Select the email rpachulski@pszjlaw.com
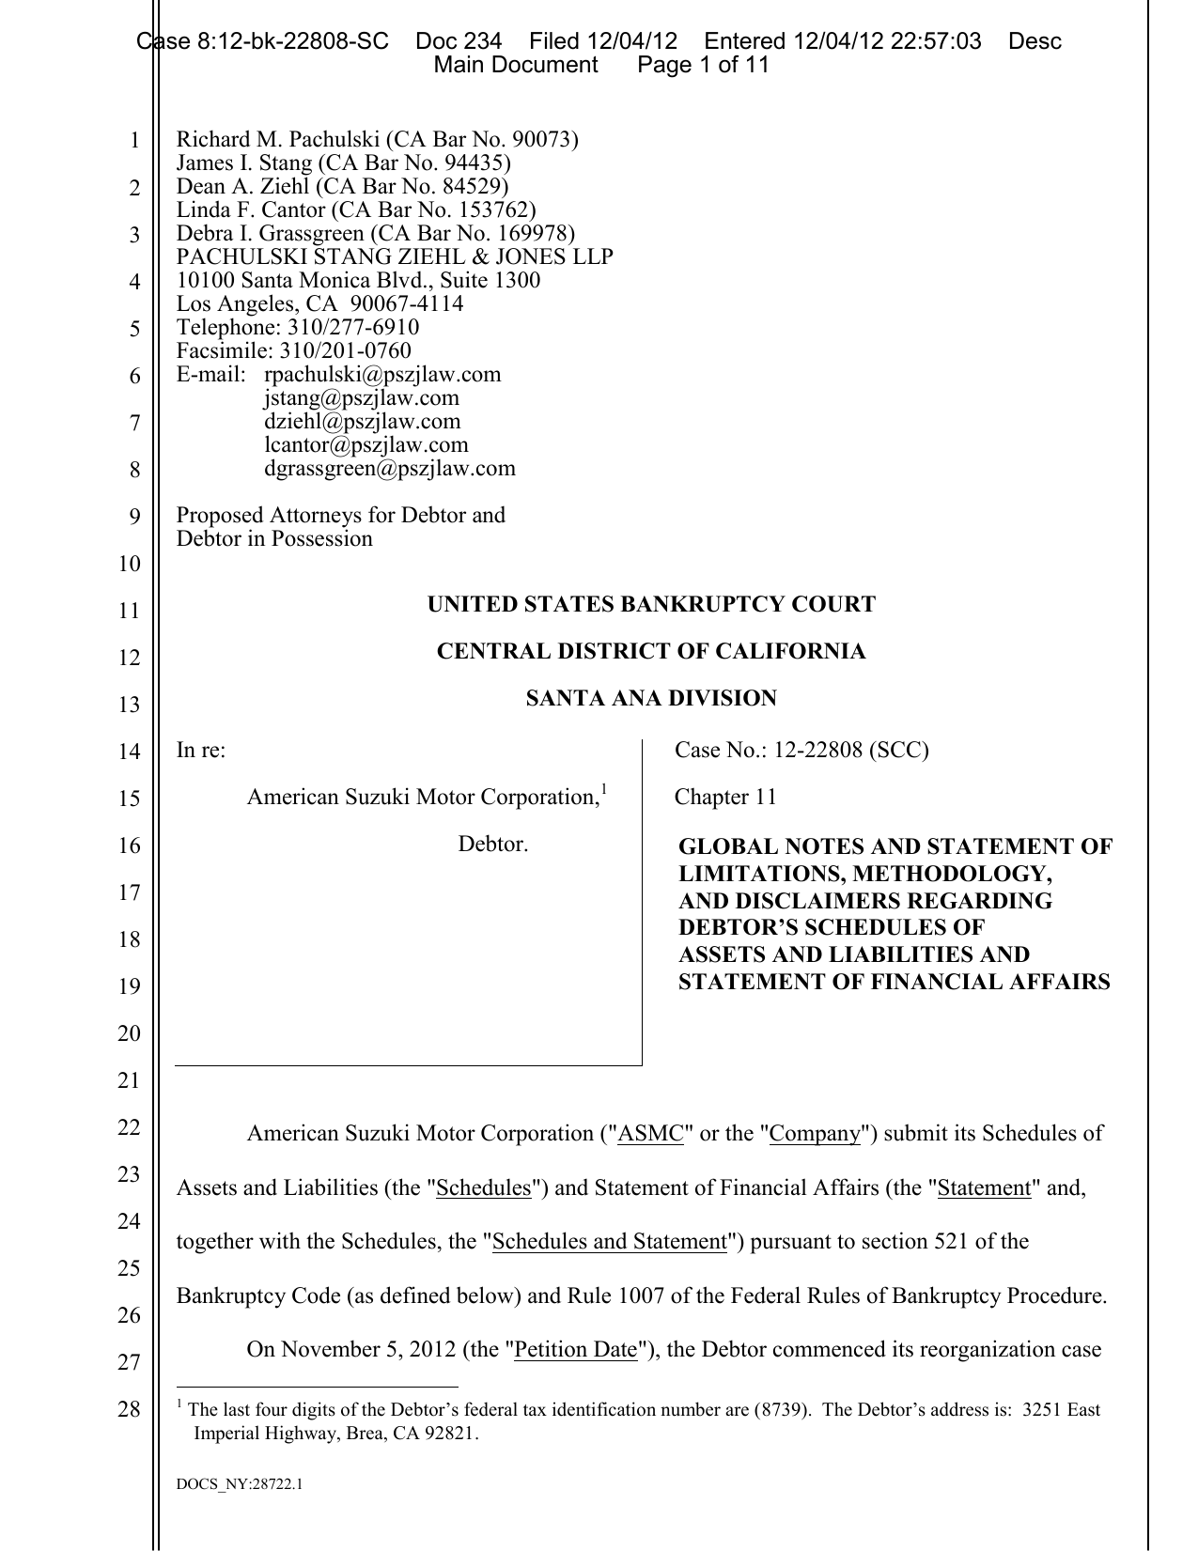tap(382, 375)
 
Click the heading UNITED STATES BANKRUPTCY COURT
tap(651, 604)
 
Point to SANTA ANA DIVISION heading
tap(651, 698)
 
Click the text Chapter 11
tap(725, 797)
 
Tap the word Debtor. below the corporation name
tap(493, 845)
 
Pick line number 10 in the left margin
tap(129, 564)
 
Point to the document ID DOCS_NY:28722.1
tap(240, 1485)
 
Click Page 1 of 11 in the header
tap(704, 65)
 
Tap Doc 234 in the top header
tap(459, 41)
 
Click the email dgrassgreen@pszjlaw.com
tap(389, 468)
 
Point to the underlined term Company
tap(815, 1134)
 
